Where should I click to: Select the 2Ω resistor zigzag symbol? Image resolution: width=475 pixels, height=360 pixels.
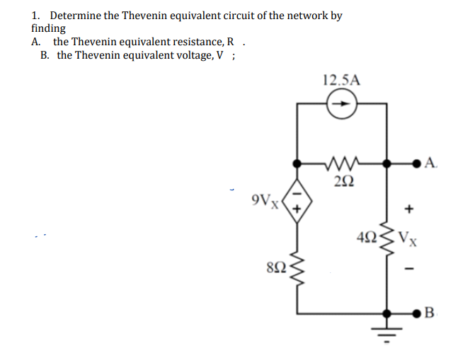click(x=342, y=164)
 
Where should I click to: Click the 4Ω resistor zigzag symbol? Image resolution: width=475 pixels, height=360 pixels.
click(x=387, y=237)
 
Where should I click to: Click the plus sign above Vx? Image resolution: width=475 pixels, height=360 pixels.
click(x=408, y=210)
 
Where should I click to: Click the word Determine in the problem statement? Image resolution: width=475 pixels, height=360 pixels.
click(x=76, y=16)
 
